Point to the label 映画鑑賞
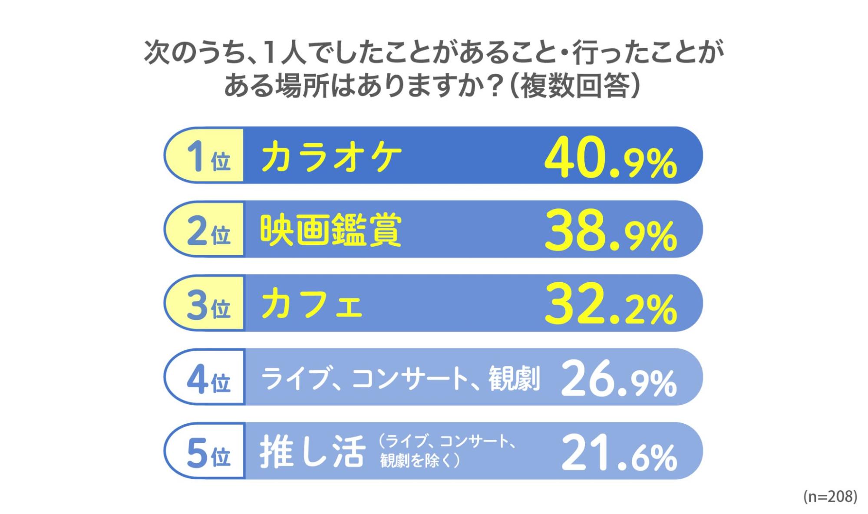click(x=331, y=230)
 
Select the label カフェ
click(x=311, y=304)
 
